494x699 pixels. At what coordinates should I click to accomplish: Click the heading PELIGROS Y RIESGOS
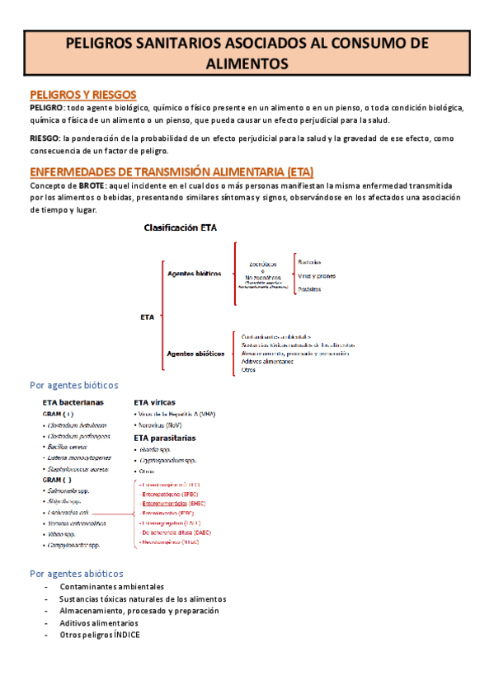coord(82,94)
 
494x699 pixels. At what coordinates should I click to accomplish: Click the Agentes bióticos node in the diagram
coord(193,274)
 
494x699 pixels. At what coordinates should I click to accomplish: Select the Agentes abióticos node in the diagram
coord(195,353)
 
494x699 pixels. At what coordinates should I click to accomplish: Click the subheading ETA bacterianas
coord(73,402)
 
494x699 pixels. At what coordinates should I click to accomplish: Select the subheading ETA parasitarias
coord(165,438)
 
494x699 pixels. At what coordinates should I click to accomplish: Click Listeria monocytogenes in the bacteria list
coord(79,456)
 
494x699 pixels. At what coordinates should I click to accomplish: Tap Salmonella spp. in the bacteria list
coord(70,490)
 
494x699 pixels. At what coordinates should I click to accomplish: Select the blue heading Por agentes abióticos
coord(76,573)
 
